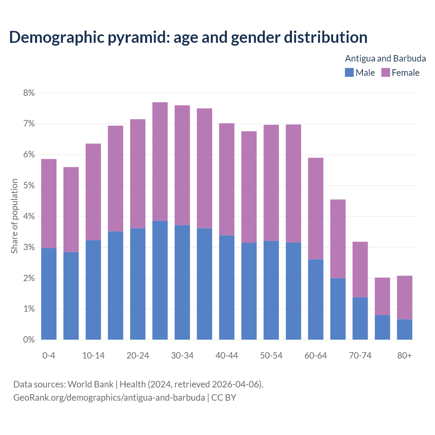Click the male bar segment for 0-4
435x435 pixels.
[x=49, y=294]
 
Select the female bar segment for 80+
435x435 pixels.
[x=404, y=297]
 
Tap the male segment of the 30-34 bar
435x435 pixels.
[x=182, y=282]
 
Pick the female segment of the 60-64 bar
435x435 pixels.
[x=316, y=209]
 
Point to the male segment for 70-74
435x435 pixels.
[x=360, y=318]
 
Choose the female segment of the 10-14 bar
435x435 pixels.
[x=93, y=192]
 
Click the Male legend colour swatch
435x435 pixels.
[x=349, y=73]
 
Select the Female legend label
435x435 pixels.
[x=405, y=73]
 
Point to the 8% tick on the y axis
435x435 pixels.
[x=29, y=93]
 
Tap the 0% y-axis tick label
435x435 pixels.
[x=29, y=340]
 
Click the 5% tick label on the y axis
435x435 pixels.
[x=29, y=186]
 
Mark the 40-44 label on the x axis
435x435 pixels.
[x=227, y=355]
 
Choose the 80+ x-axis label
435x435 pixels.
[x=404, y=355]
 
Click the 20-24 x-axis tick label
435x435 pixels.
[x=138, y=355]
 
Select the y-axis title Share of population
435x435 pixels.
[x=14, y=216]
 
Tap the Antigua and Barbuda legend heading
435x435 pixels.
[x=385, y=58]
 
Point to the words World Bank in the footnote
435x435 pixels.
[x=90, y=384]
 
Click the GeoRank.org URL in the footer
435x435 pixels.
[x=109, y=398]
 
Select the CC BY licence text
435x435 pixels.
[x=224, y=398]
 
